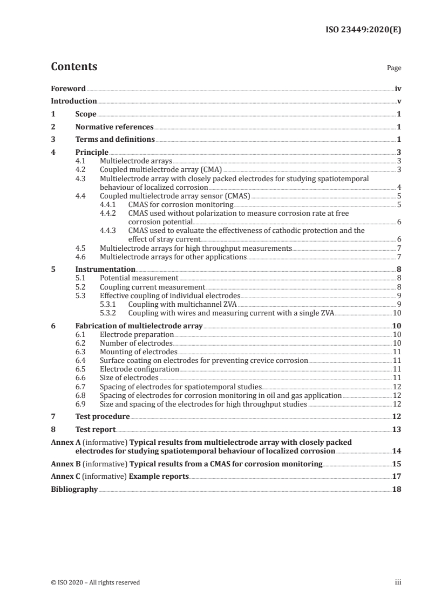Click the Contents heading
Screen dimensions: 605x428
pos(74,67)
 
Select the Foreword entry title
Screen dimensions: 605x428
pos(68,88)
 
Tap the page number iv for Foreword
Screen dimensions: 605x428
pos(398,88)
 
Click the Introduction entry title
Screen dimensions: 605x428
pos(74,101)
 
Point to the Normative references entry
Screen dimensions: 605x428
pos(114,127)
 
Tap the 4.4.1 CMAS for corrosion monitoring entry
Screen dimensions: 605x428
pos(181,204)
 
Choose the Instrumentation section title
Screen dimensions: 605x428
pos(105,269)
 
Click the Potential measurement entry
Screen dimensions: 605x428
pos(139,278)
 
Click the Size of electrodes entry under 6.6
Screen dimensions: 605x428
pos(130,378)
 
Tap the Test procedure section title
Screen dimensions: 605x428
pos(103,416)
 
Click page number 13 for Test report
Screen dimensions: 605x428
pos(396,429)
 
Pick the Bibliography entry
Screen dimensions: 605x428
pos(74,490)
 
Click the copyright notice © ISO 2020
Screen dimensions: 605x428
pos(95,582)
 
